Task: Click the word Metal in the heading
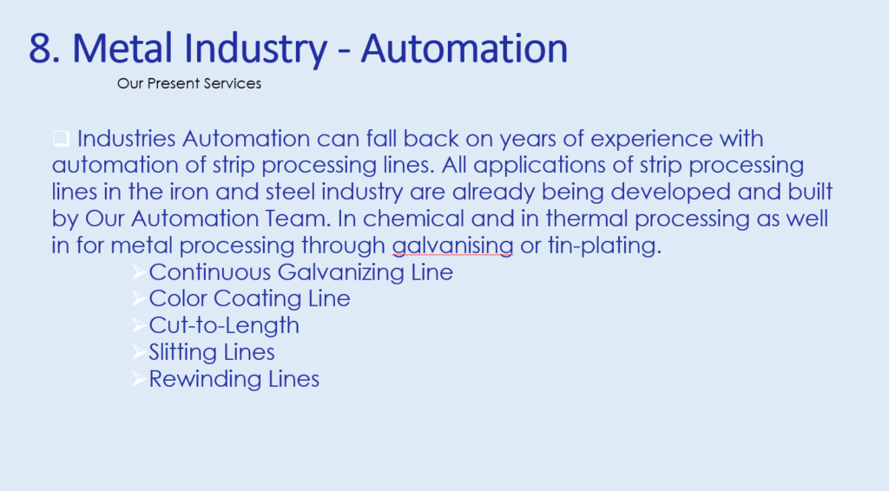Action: [122, 48]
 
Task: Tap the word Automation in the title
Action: [464, 48]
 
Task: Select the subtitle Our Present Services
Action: [188, 83]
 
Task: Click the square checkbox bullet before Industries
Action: [62, 138]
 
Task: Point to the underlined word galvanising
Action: [452, 245]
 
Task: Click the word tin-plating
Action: [604, 245]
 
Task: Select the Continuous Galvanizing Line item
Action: [300, 272]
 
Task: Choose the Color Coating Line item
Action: [249, 298]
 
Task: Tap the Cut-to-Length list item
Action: [224, 325]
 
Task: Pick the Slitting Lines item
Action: [212, 352]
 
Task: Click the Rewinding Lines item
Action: [234, 379]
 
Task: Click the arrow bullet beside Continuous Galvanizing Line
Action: [138, 272]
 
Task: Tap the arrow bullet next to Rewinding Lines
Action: [138, 379]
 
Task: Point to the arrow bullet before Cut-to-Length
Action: [138, 325]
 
